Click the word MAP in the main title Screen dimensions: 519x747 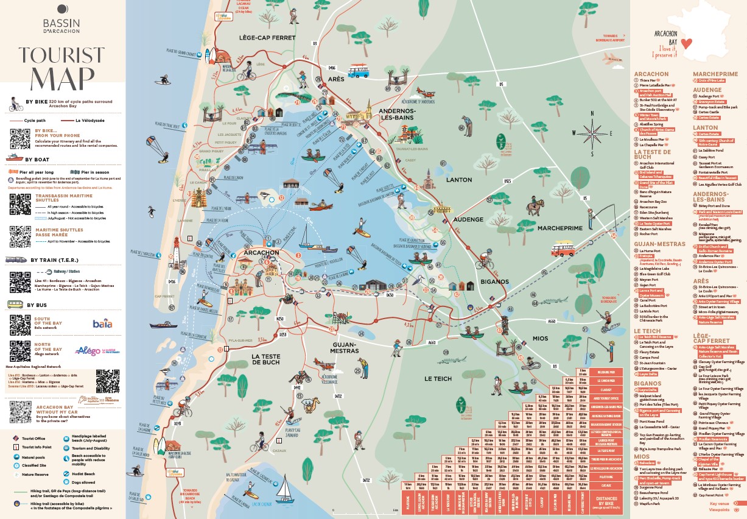[62, 78]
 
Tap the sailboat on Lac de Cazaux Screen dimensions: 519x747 [282, 486]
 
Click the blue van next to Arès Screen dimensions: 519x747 [358, 70]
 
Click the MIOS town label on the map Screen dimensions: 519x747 [539, 338]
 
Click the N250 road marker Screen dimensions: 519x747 [281, 319]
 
